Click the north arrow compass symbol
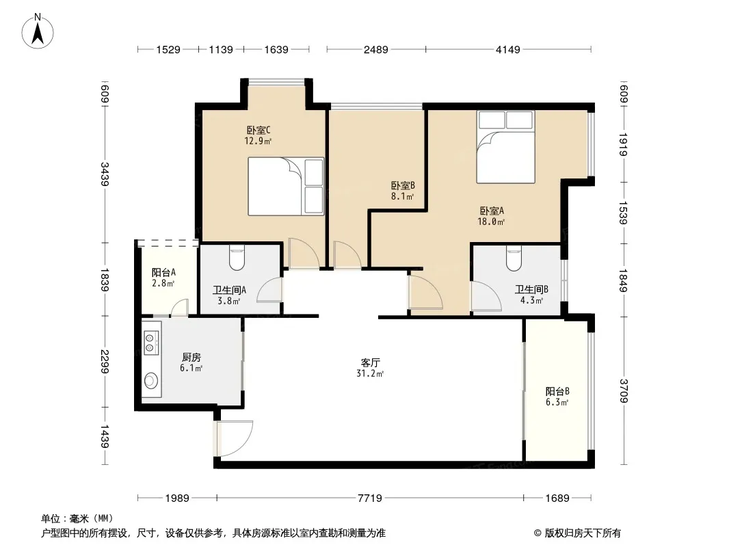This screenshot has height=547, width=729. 38,31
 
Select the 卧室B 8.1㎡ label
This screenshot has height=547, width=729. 403,191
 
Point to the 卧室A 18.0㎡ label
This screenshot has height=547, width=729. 492,216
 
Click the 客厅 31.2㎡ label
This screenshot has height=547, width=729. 370,368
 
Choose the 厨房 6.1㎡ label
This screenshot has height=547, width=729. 191,362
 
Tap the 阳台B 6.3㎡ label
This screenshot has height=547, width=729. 557,397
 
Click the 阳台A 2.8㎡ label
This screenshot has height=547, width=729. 163,278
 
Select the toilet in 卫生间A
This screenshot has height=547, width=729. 237,258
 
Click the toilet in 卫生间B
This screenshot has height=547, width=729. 514,258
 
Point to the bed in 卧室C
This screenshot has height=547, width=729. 285,187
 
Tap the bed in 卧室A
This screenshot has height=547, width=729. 505,147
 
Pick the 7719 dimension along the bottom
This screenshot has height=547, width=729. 369,498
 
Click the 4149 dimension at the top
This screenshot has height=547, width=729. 507,49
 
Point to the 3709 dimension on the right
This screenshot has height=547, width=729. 624,391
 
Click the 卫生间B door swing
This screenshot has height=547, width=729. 486,295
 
